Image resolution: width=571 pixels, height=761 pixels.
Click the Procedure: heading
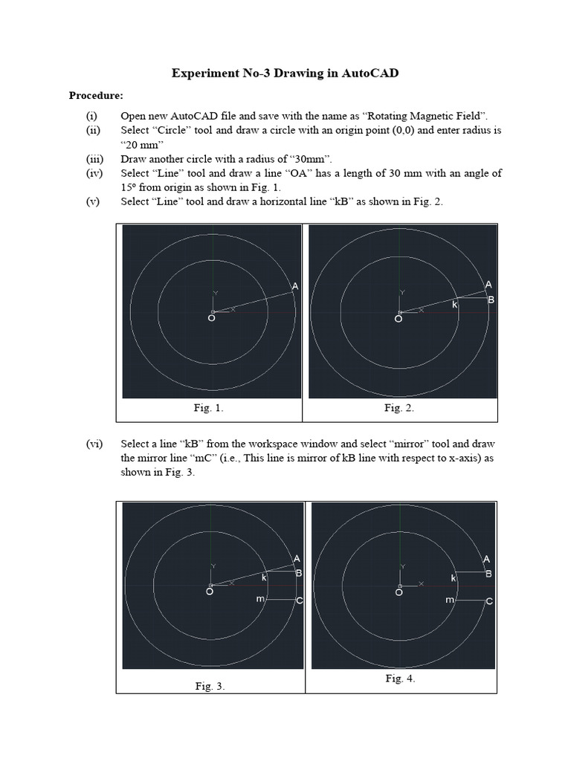(97, 95)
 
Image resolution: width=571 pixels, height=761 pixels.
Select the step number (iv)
(92, 173)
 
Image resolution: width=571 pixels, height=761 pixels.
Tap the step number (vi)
(93, 444)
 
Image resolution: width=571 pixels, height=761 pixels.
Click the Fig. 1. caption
(208, 407)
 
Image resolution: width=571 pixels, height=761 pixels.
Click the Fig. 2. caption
(399, 407)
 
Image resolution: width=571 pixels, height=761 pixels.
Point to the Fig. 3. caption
(210, 687)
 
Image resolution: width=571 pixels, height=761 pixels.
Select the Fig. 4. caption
(400, 679)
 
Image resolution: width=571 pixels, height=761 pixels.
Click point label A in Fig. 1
(295, 286)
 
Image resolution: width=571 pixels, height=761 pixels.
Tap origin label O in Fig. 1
(212, 318)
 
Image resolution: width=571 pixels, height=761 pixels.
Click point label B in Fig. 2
(491, 299)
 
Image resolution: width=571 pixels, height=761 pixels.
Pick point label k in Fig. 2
(455, 305)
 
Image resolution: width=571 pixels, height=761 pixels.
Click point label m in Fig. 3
(259, 598)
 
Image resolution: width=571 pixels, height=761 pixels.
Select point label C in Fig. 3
(299, 600)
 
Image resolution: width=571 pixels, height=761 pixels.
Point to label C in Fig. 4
(488, 600)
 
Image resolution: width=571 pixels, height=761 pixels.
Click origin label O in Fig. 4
(399, 592)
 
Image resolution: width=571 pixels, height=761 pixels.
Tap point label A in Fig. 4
(487, 559)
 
